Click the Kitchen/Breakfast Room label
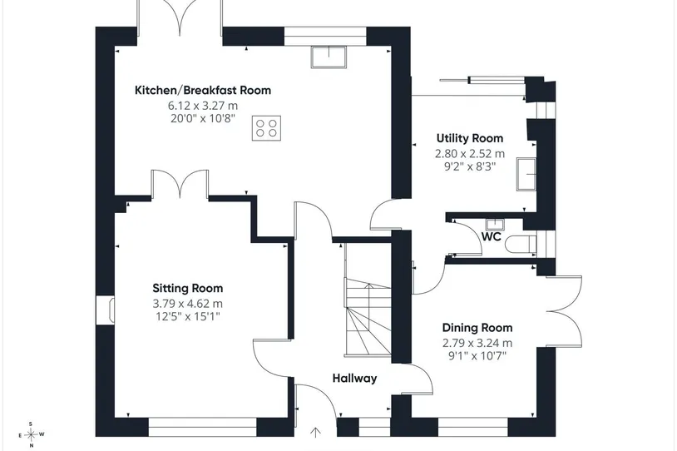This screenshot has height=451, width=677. [x=203, y=91]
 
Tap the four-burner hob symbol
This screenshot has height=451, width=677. [x=266, y=128]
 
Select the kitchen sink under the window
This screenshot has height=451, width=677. [x=329, y=57]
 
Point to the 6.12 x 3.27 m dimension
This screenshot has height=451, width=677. [x=203, y=106]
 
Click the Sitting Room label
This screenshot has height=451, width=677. [x=188, y=288]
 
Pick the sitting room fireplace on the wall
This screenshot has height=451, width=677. [x=106, y=310]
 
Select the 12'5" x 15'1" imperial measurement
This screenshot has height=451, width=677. [x=188, y=317]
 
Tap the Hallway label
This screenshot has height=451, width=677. [x=354, y=379]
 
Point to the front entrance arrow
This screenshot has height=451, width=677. [x=315, y=433]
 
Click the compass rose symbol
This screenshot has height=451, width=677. [x=31, y=434]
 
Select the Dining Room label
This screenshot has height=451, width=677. [x=477, y=328]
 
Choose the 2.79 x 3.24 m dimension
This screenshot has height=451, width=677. [x=477, y=344]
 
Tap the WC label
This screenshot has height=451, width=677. [x=491, y=236]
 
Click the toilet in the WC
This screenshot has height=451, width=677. [x=521, y=244]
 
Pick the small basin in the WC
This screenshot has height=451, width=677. [x=494, y=225]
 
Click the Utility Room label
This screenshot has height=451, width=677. [x=470, y=138]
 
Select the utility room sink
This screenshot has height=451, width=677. [x=526, y=174]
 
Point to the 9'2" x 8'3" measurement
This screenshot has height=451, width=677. [x=470, y=166]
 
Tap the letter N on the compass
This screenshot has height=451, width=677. [x=31, y=445]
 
